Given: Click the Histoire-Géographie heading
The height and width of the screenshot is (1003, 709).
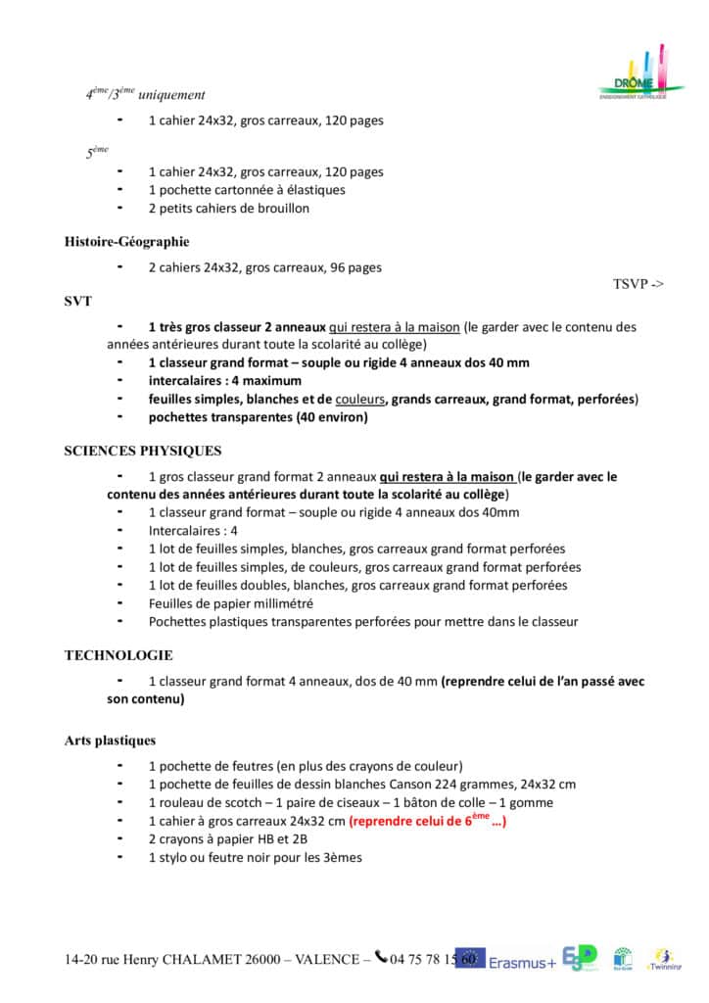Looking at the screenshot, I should [x=126, y=242].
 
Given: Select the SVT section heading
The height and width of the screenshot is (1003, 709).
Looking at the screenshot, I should [x=78, y=301].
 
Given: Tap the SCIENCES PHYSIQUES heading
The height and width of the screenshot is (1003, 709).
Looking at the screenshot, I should [x=143, y=452].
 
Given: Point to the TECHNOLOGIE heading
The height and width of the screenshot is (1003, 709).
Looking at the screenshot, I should [x=118, y=655].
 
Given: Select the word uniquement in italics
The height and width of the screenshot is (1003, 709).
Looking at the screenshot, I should [x=172, y=95].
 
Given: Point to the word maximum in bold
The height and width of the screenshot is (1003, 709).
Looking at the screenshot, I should [x=274, y=380].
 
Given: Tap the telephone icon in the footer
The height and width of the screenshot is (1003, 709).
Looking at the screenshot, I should [x=381, y=958].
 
